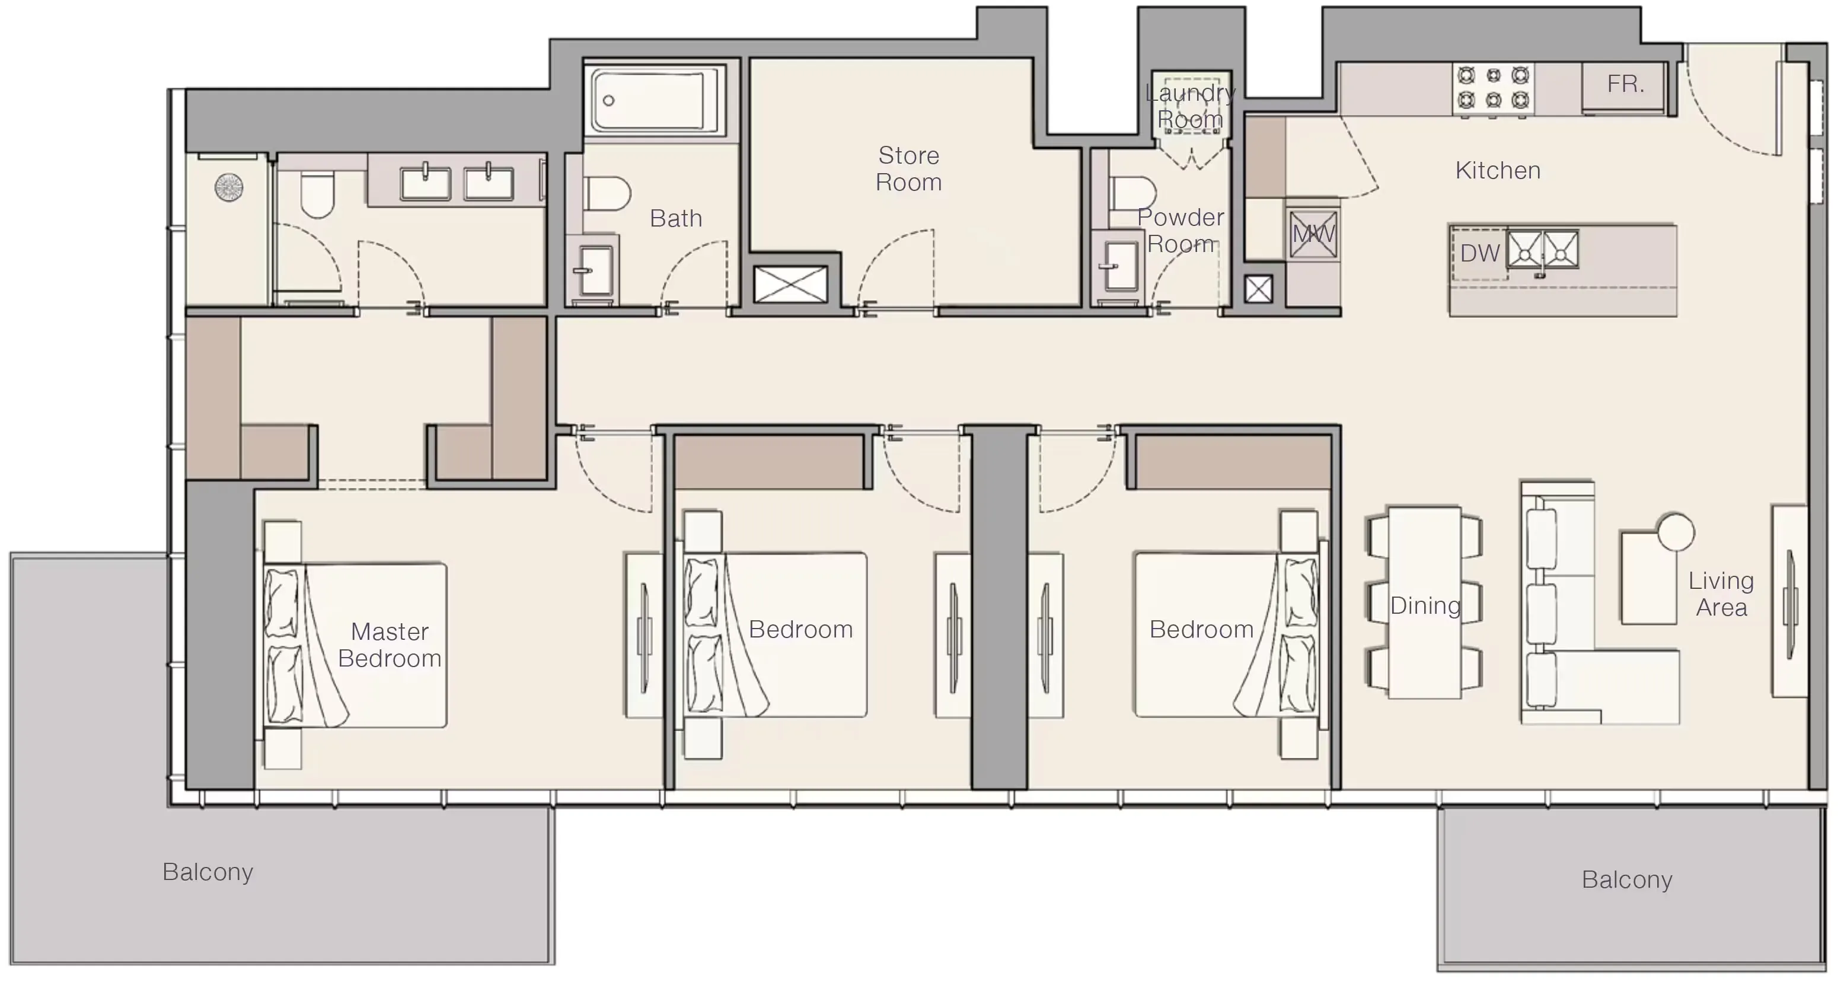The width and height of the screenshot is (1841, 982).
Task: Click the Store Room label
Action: coord(908,168)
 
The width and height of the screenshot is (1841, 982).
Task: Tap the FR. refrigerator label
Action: coord(1625,84)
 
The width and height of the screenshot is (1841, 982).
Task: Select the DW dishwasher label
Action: coord(1479,253)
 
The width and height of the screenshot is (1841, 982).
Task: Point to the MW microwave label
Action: coord(1313,234)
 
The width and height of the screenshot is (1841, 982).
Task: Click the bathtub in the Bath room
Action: coord(655,100)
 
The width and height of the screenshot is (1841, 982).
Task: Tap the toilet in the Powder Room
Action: coord(1131,193)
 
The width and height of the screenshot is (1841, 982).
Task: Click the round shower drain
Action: coord(229,188)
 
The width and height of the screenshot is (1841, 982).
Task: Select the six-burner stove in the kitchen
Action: coord(1493,87)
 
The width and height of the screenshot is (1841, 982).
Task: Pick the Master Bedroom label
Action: coord(390,645)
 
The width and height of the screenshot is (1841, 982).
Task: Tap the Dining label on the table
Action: coord(1425,606)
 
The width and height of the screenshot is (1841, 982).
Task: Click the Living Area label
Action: coord(1721,594)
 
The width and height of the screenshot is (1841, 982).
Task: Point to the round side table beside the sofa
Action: coord(1675,532)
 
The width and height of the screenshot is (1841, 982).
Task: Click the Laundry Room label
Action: coord(1190,106)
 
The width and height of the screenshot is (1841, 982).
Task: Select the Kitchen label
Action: coord(1497,171)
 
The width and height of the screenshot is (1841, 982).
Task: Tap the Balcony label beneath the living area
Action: coord(1626,880)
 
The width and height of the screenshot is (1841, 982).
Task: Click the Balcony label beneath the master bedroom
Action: coord(208,872)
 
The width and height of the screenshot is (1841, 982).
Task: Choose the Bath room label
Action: coord(675,219)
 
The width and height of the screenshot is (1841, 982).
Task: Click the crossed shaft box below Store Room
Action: coord(790,283)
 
